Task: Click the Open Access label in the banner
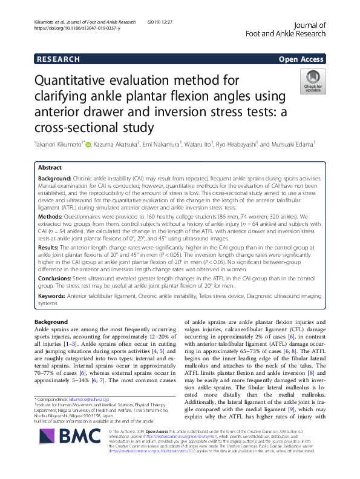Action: pos(302,59)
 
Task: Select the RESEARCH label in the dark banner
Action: pos(58,59)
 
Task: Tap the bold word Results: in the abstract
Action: pos(50,248)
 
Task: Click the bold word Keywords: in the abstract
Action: pos(53,296)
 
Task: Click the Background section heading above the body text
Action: pos(51,322)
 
